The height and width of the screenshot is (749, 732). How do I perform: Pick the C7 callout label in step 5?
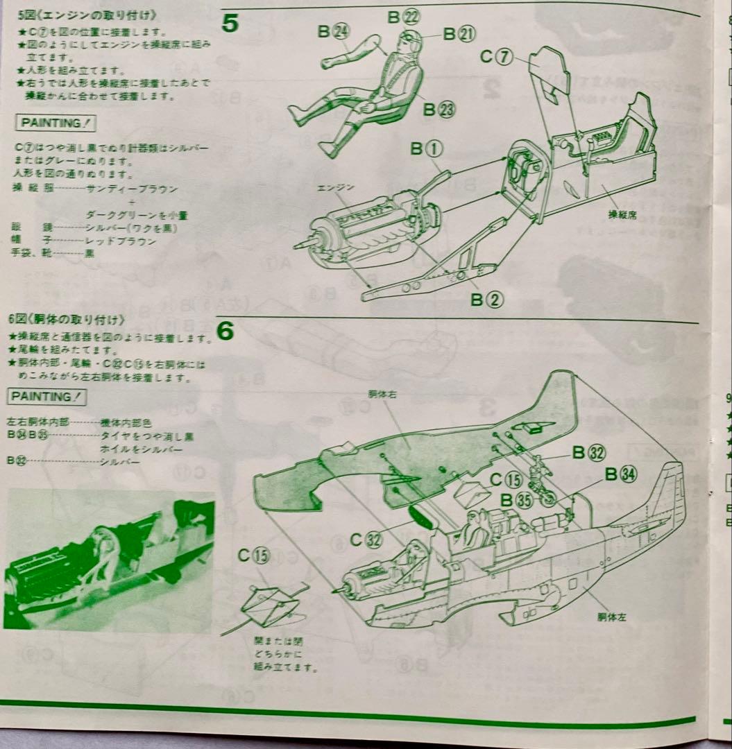point(496,58)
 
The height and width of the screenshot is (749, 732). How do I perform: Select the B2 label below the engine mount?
point(486,300)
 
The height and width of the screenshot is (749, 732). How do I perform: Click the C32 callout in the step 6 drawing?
point(366,540)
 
